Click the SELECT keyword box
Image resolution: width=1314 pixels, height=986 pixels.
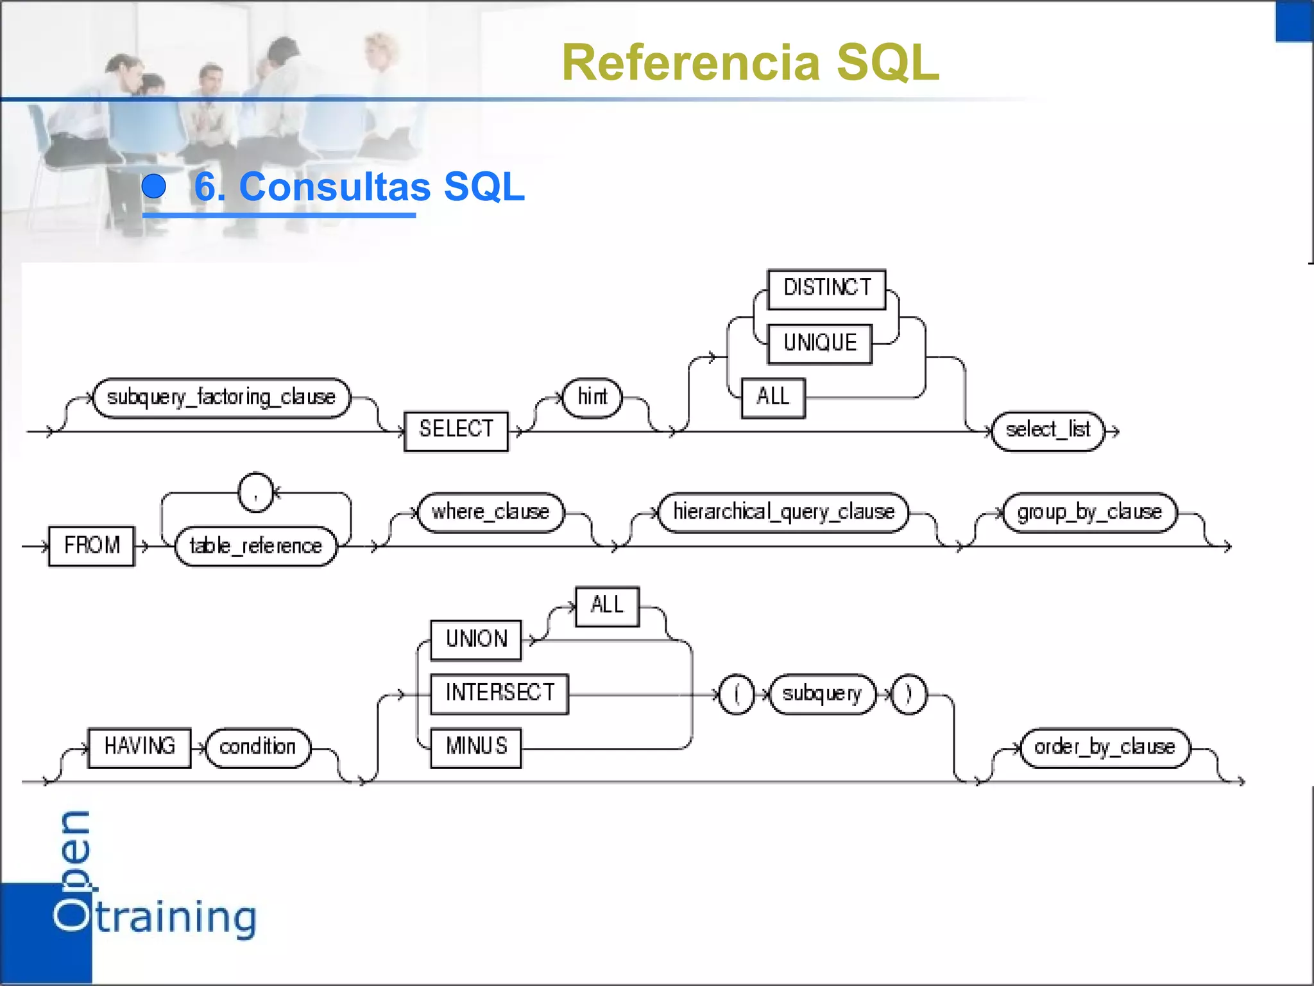pos(456,431)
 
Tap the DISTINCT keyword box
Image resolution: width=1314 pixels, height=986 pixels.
pos(826,289)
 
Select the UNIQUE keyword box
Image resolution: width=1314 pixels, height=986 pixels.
pos(819,344)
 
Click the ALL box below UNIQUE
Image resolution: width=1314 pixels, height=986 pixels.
pos(772,398)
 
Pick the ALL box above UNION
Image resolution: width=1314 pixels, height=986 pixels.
pos(607,606)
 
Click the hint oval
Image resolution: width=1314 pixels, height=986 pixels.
pos(592,398)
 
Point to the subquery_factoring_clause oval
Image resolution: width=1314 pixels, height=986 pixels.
pos(221,398)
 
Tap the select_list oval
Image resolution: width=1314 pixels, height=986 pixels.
pos(1048,431)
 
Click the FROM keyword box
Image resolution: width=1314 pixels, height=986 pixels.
pos(92,546)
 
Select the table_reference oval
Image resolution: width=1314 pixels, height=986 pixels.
pos(255,546)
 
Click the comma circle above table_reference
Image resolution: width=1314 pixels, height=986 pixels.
pos(255,493)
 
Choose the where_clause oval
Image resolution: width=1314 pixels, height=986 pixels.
pos(490,512)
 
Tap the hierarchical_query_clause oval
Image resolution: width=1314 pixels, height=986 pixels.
pos(783,512)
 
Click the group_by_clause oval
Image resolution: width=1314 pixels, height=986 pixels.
pos(1089,512)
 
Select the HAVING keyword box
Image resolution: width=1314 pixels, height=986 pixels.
pos(139,747)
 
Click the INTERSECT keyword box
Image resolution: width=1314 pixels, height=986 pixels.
pos(499,693)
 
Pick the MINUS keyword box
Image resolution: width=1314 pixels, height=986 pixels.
pos(475,747)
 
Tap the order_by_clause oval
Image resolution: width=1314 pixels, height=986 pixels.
pos(1104,747)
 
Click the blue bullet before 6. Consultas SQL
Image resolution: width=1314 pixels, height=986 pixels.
pos(154,187)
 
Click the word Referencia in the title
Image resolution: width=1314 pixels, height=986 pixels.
pos(690,63)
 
